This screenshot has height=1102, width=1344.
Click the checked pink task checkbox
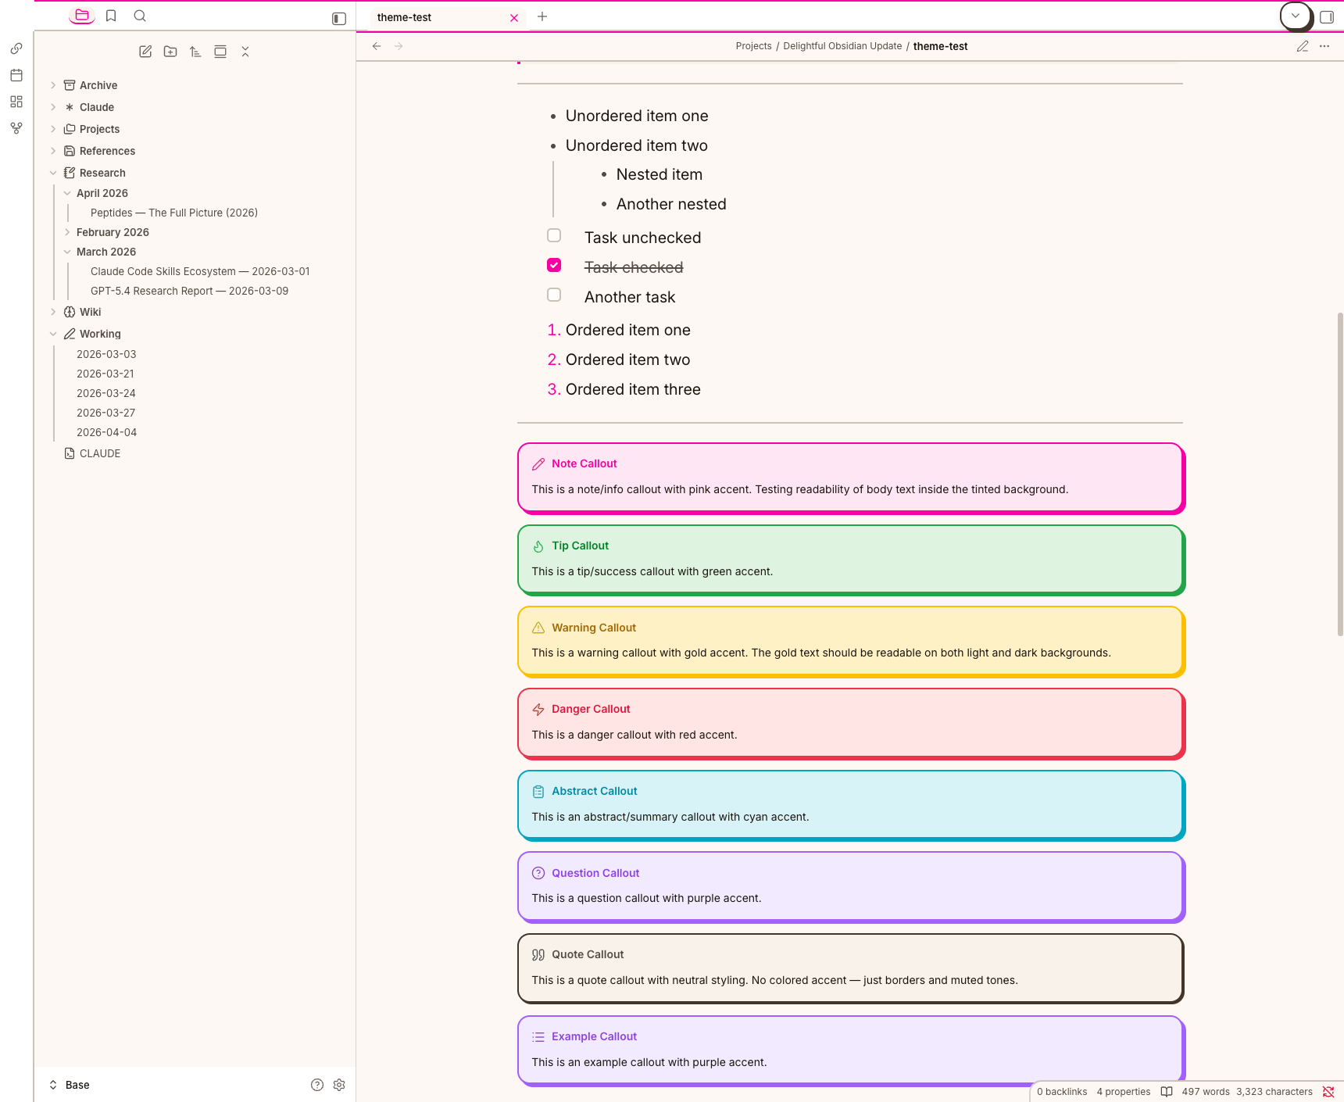[554, 265]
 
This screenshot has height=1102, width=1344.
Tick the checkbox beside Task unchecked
[554, 235]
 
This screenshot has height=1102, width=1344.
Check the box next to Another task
[554, 295]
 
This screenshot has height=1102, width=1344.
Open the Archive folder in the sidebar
[98, 85]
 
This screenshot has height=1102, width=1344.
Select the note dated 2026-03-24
[106, 393]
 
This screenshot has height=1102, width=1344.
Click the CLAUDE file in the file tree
[100, 453]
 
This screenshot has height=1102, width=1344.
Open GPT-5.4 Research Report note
[189, 291]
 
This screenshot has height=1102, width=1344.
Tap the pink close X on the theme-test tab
[514, 18]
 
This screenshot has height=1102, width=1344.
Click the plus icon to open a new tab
[542, 16]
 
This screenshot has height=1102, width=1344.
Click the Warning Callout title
[594, 628]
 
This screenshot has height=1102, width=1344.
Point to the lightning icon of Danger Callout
[538, 710]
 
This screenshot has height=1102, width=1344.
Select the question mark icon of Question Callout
[538, 873]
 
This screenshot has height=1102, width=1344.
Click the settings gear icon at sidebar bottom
[339, 1085]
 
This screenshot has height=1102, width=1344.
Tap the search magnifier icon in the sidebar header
[140, 16]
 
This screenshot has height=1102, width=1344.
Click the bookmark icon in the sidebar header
[111, 16]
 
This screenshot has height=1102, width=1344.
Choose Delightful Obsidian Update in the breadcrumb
[842, 46]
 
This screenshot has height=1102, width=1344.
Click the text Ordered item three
[633, 389]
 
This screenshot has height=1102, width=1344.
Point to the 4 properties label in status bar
[1124, 1092]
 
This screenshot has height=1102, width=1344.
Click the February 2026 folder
[113, 232]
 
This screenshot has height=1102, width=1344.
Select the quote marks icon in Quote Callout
[538, 954]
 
